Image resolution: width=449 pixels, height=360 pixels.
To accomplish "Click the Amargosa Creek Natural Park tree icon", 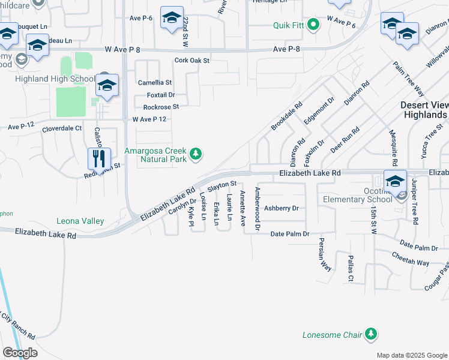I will click(195, 155).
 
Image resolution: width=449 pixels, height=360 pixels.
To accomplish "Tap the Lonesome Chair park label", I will click(332, 334).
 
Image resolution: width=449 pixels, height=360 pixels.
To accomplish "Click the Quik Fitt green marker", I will click(313, 25).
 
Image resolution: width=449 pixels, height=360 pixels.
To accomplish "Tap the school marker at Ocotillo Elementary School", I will click(395, 182).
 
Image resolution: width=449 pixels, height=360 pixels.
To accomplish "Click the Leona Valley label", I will click(80, 221).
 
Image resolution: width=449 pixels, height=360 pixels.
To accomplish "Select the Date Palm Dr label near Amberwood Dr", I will click(289, 233).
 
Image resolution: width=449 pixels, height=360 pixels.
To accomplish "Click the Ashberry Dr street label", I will click(282, 208).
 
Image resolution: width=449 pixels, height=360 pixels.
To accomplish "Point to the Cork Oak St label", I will click(191, 61).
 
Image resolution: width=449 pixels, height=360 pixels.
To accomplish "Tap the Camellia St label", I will click(154, 82).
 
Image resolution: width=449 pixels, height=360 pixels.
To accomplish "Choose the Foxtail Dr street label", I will click(161, 95).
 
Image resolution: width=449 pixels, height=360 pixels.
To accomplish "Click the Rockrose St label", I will click(161, 107).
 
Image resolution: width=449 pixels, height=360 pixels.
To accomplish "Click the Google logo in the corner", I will click(20, 353).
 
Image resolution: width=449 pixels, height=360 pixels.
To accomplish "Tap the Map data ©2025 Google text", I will click(411, 355).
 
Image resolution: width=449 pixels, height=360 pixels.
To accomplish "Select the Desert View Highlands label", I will click(423, 109).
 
